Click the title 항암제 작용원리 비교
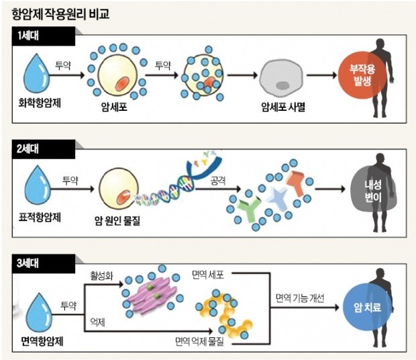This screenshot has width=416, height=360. [60, 14]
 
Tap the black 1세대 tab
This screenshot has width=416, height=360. [44, 36]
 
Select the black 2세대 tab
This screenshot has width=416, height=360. [44, 150]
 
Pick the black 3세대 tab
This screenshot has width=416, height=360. [44, 264]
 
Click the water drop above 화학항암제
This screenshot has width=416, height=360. [37, 73]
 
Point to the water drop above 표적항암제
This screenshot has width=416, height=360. [38, 185]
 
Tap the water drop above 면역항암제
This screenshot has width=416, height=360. [39, 312]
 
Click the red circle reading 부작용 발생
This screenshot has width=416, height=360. [362, 75]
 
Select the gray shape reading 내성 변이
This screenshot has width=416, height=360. [373, 191]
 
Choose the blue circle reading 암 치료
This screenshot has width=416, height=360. [368, 308]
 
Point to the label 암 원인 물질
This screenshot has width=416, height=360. [117, 220]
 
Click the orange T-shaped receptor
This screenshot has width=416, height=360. [297, 183]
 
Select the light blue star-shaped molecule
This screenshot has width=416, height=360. [277, 197]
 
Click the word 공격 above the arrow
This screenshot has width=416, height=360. [218, 181]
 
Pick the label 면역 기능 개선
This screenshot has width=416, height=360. [300, 298]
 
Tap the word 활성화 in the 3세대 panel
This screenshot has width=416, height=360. [101, 275]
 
